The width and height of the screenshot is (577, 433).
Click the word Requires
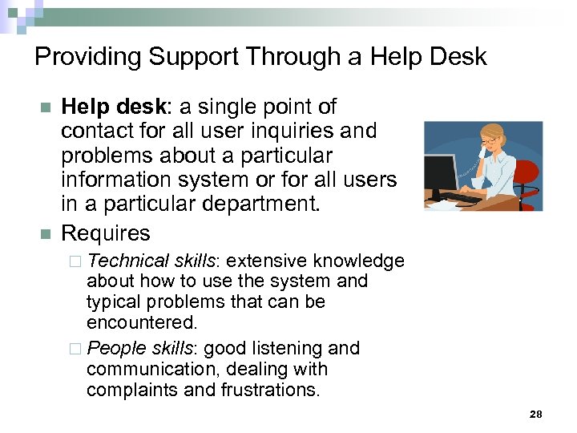[x=106, y=233]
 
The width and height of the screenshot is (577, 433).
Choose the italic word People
[x=115, y=348]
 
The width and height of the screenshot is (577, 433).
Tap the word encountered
[x=141, y=323]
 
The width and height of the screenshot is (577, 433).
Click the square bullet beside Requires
[x=45, y=234]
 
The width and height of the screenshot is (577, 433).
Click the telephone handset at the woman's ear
[x=482, y=150]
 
